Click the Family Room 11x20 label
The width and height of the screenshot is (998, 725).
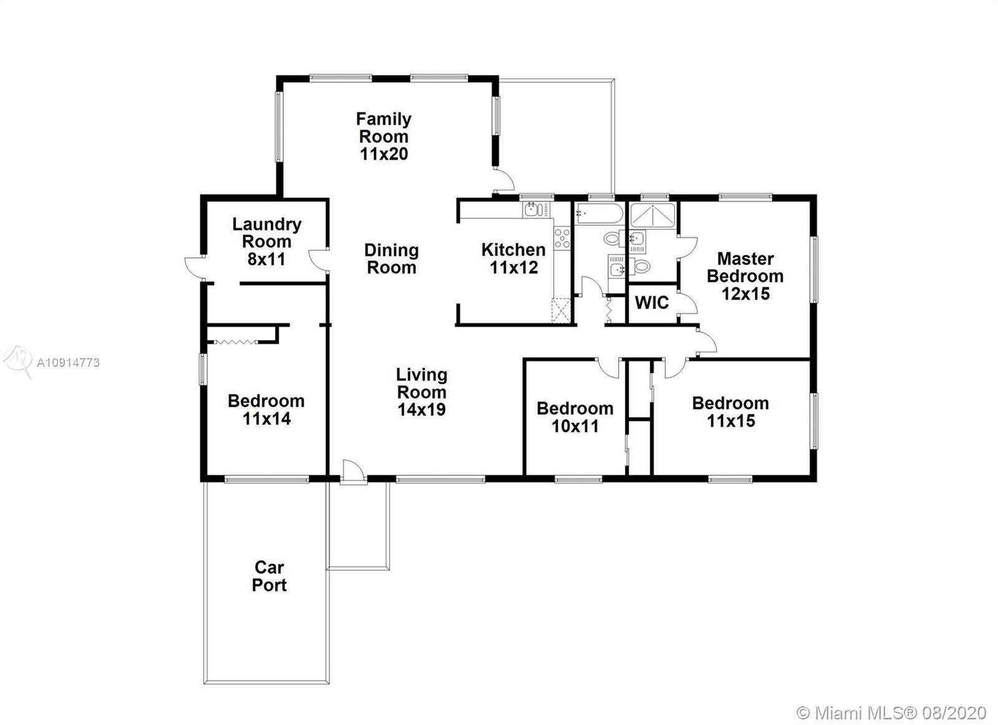tap(384, 136)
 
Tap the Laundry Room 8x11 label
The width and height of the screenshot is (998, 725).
tap(266, 241)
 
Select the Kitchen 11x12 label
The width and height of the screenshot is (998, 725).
tap(513, 258)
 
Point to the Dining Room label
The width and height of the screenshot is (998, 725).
tap(392, 258)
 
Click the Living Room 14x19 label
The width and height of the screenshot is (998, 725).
tap(422, 392)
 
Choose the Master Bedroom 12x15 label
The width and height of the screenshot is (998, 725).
tap(745, 276)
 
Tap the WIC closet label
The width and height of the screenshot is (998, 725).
tap(652, 303)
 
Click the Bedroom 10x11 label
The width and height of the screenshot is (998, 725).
tap(574, 417)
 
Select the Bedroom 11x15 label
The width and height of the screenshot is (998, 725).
tap(730, 412)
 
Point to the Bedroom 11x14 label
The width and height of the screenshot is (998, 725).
tap(266, 409)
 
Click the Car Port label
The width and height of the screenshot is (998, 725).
tap(269, 576)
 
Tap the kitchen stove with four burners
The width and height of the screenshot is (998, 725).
tap(562, 238)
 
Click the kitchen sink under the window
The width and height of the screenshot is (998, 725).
tap(536, 210)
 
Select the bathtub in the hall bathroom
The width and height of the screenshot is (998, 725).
tap(599, 213)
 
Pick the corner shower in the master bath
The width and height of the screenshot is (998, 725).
tap(653, 215)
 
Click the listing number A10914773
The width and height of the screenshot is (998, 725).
tap(68, 362)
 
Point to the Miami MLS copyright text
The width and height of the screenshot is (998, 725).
tap(891, 701)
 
